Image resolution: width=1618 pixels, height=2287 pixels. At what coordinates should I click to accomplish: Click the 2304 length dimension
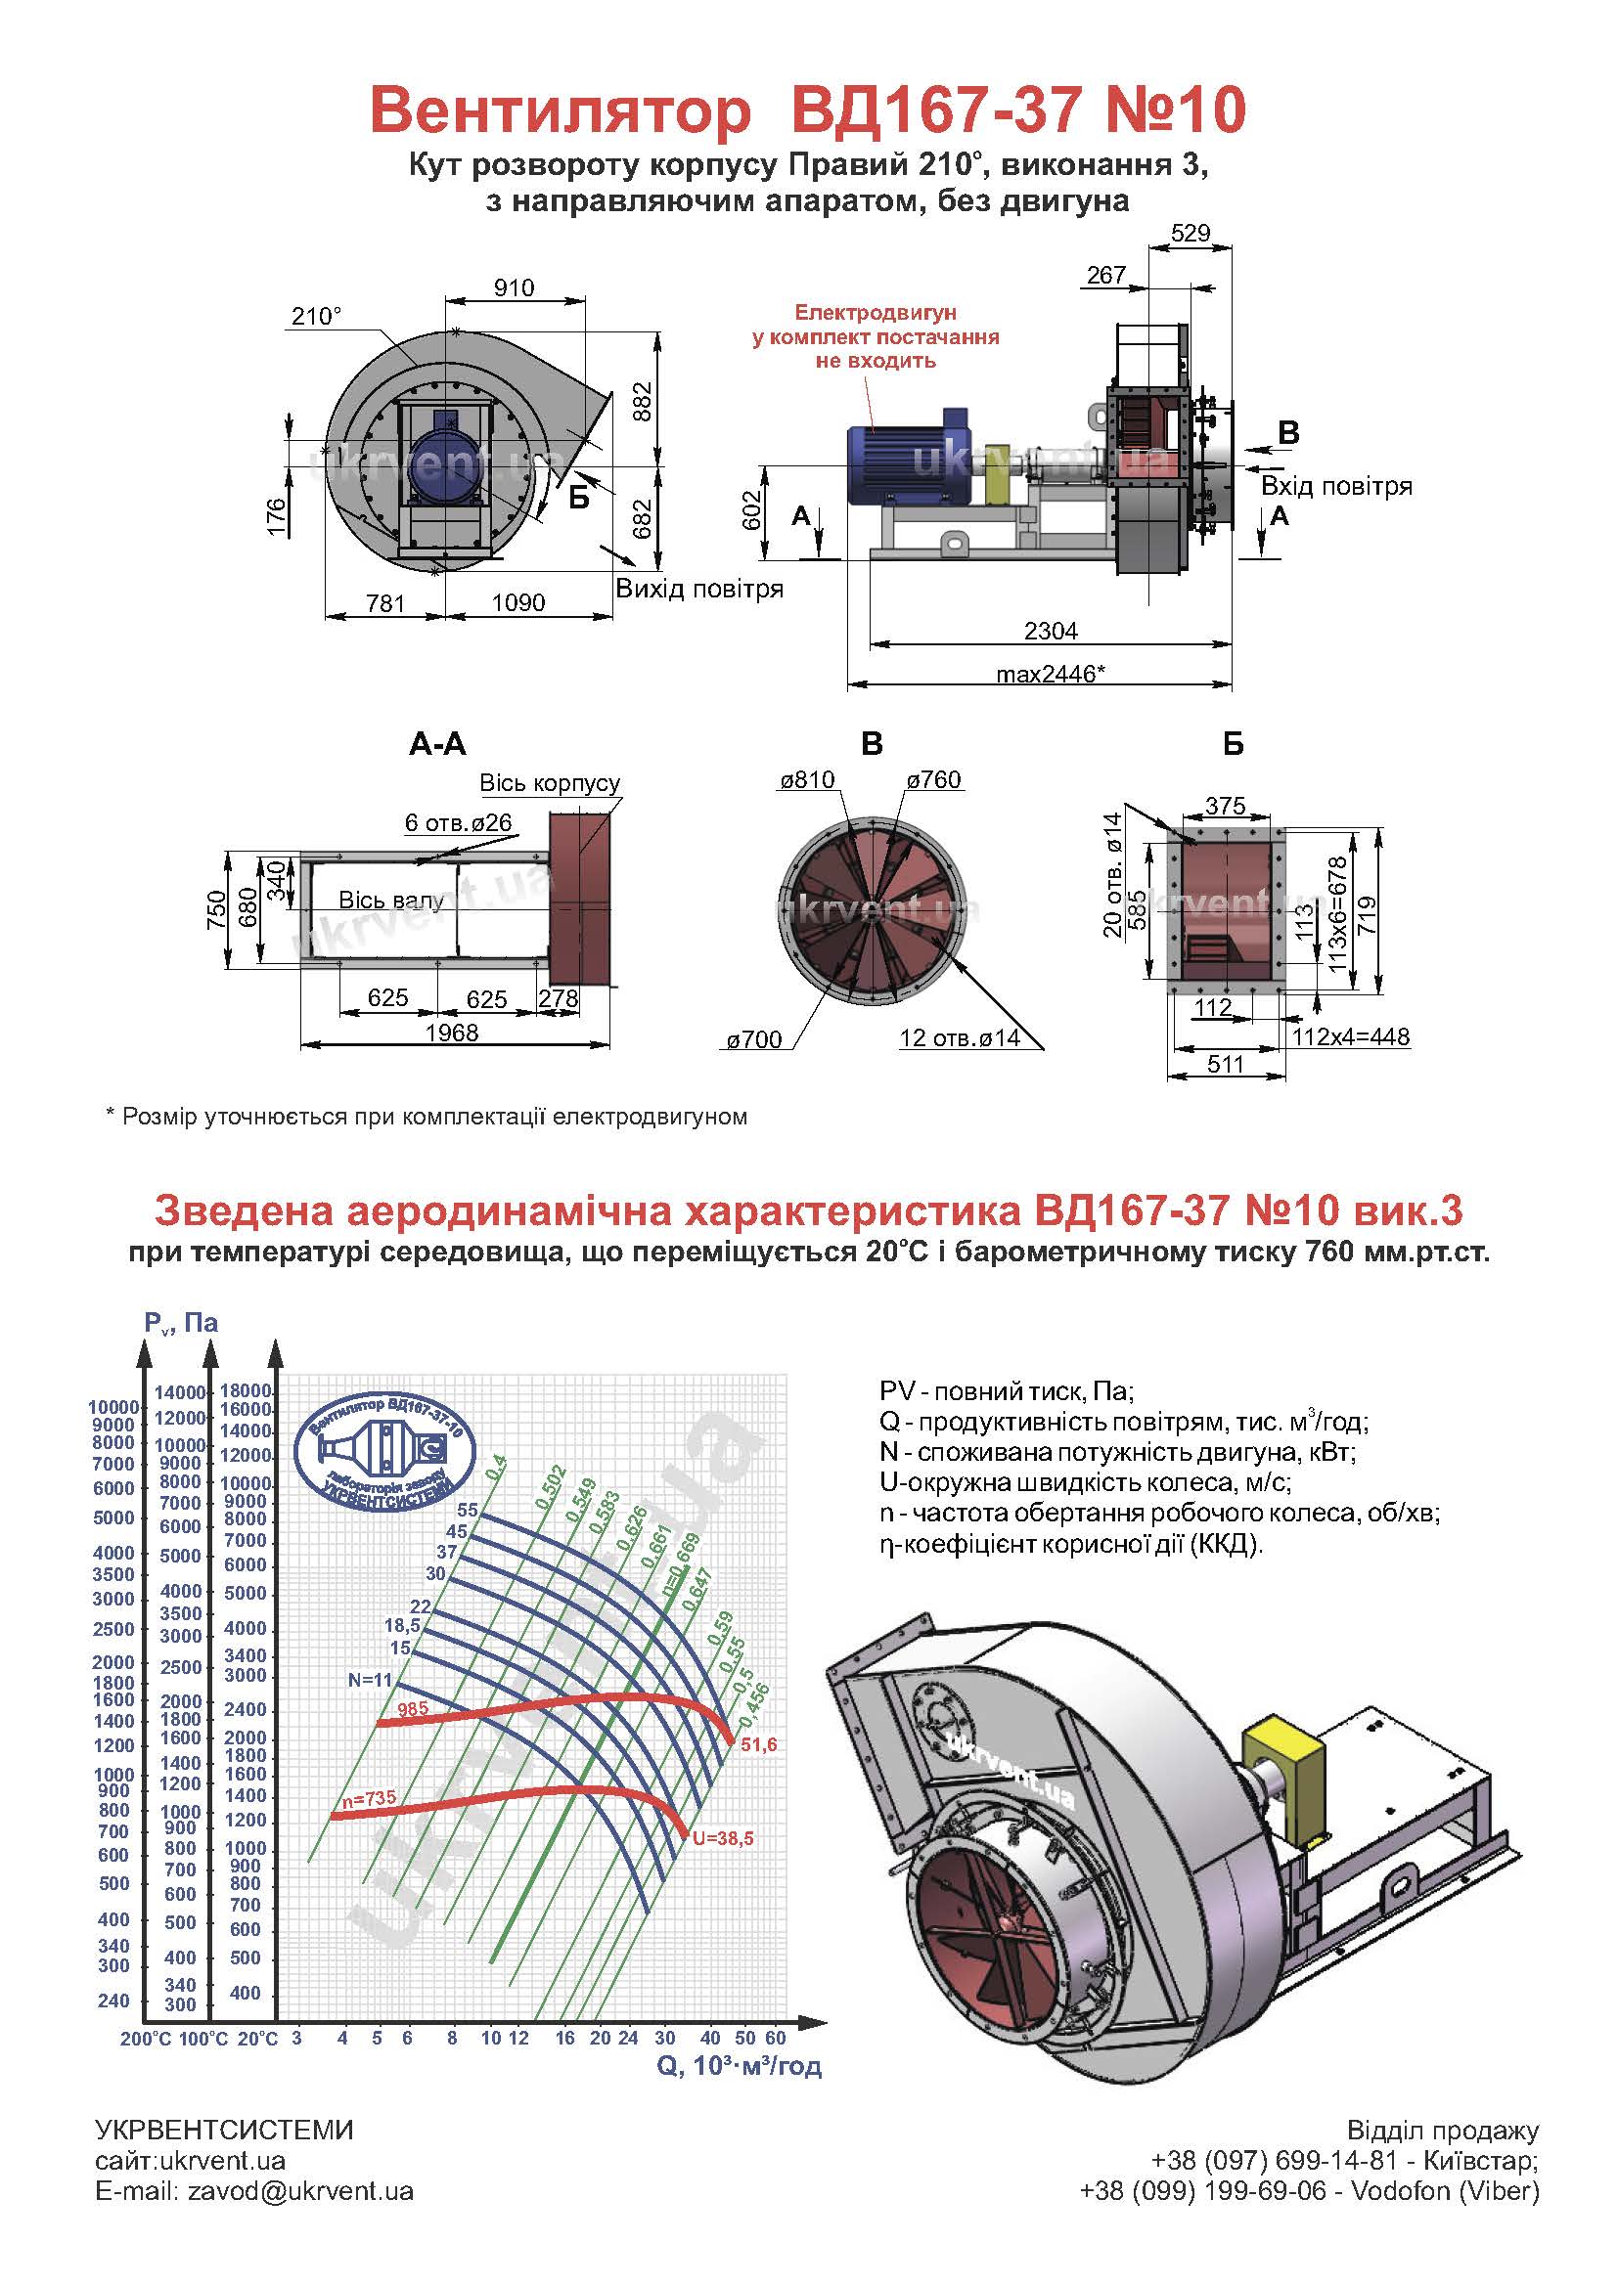click(x=1051, y=631)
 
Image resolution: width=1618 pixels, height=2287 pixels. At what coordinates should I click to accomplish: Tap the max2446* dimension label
click(x=1051, y=674)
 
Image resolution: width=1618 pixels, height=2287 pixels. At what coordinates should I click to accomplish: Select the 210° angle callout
click(x=317, y=316)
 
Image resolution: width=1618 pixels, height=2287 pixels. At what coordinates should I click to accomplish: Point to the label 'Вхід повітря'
click(x=1336, y=486)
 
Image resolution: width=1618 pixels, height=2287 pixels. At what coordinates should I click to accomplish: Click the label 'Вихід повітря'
click(x=699, y=589)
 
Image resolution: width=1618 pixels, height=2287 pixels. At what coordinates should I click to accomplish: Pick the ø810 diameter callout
click(x=807, y=780)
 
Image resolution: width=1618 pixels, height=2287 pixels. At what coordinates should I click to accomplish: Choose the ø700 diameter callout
click(x=754, y=1041)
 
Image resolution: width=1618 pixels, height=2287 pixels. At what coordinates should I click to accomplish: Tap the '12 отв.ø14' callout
click(x=960, y=1038)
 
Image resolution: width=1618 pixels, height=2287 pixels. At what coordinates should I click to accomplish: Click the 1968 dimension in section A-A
click(x=452, y=1032)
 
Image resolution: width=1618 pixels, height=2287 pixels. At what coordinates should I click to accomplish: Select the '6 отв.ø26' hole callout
click(x=458, y=822)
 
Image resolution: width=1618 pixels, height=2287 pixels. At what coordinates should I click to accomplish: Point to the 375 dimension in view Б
click(x=1226, y=806)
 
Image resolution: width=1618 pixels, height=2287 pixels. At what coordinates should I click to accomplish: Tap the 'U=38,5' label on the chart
click(x=723, y=1838)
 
